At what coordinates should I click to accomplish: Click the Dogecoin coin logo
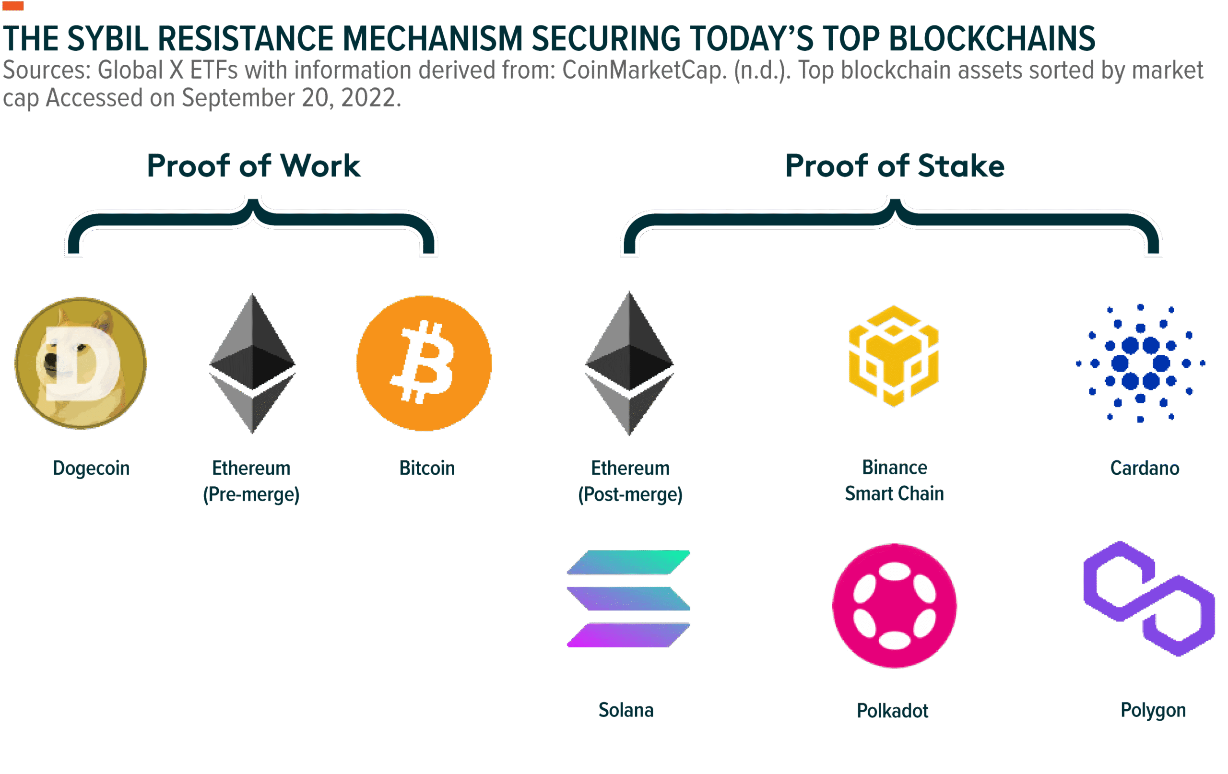pos(81,363)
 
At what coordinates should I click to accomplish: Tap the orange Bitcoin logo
pos(424,363)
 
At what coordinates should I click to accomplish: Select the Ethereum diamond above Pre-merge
pos(252,363)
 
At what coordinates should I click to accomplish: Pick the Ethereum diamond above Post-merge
pos(629,363)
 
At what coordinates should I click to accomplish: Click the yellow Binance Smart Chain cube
pos(894,356)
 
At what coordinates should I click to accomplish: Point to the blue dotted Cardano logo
pos(1140,363)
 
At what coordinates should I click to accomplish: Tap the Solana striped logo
pos(628,598)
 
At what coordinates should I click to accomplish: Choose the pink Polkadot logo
pos(895,606)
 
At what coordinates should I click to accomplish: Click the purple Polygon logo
pos(1149,598)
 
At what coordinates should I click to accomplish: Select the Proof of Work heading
pos(253,166)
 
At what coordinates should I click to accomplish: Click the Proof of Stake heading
pos(895,166)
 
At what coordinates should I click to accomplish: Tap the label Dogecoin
pos(91,468)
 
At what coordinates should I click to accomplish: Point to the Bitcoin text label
pos(427,468)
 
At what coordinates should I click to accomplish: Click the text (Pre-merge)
pos(251,494)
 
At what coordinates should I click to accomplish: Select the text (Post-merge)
pos(630,494)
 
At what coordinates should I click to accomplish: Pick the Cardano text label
pos(1145,468)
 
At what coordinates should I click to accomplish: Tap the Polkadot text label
pos(892,711)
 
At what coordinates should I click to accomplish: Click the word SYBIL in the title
pos(107,39)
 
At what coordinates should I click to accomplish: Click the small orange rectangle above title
pos(13,6)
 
